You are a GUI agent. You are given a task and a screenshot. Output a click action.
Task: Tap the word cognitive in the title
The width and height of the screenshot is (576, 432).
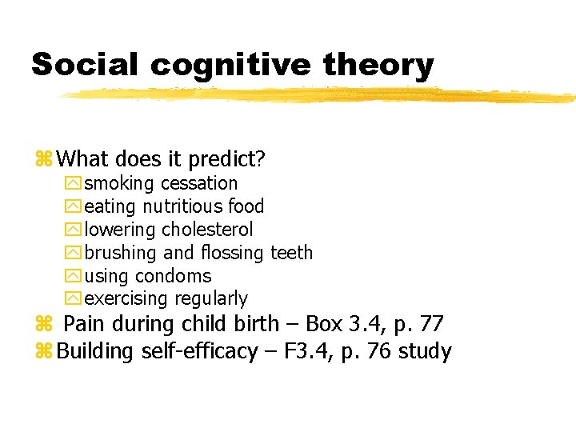(231, 64)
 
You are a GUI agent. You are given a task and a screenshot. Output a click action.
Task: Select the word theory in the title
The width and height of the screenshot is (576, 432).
(378, 64)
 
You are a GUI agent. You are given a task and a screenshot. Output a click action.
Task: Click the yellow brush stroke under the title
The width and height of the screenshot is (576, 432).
(320, 95)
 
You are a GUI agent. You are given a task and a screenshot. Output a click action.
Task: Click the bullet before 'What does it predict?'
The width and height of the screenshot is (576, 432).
(43, 160)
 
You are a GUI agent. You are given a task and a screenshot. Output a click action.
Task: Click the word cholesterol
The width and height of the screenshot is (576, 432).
(207, 230)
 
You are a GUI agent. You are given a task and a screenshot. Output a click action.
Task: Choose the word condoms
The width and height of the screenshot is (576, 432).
(174, 276)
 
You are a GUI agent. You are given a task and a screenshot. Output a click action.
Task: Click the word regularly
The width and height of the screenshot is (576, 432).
(211, 299)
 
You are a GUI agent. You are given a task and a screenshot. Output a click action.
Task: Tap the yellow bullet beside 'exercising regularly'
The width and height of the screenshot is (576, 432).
(73, 299)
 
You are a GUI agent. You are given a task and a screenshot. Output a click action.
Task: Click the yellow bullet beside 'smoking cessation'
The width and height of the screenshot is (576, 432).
(73, 183)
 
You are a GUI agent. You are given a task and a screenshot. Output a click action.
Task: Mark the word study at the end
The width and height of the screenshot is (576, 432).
(426, 351)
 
